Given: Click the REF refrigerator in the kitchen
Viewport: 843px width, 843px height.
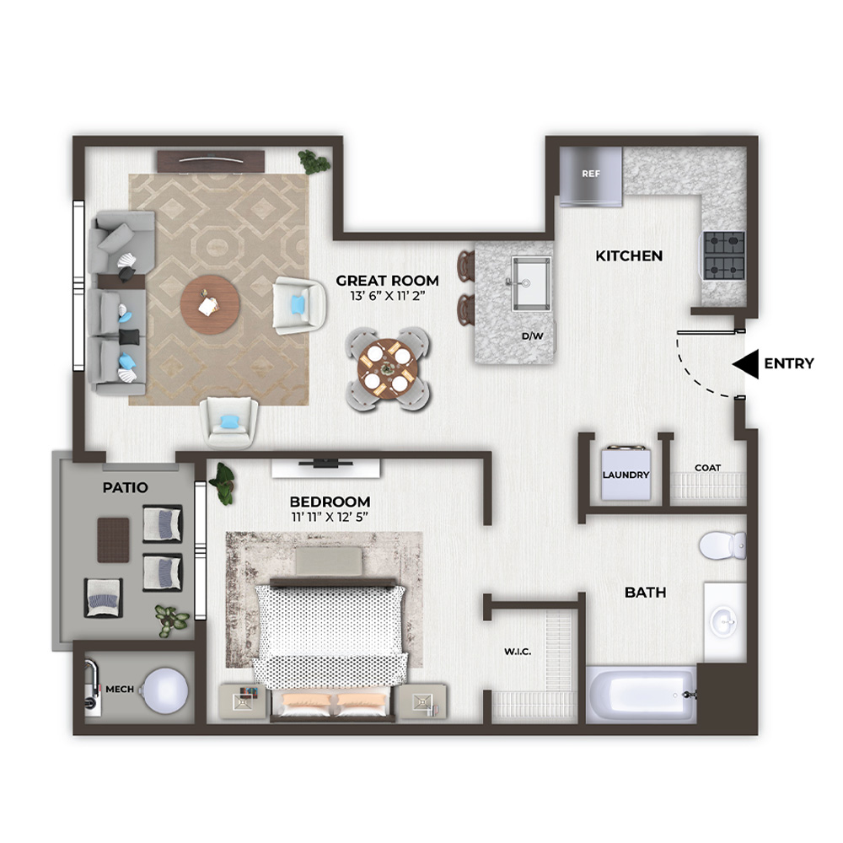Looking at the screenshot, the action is (590, 176).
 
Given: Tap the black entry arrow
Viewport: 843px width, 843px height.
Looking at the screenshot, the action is (745, 364).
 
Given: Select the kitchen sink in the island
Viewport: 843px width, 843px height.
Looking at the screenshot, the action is (530, 283).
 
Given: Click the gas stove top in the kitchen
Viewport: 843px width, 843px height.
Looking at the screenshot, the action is (724, 255).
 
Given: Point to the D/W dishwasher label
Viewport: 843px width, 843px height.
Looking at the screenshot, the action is (532, 336).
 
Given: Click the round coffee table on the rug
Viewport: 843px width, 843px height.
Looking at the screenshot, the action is (210, 305).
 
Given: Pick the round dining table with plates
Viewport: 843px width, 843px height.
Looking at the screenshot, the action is (387, 369).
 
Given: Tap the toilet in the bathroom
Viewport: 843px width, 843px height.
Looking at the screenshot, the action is (722, 545).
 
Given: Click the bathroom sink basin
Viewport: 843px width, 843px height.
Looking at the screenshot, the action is (723, 622).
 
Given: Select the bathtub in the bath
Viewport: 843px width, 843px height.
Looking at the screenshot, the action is (641, 695).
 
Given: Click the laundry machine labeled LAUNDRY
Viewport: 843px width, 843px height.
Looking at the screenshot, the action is (626, 474).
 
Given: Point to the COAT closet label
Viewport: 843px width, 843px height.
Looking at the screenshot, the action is (707, 468).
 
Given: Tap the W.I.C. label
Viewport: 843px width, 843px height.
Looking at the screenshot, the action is (518, 652).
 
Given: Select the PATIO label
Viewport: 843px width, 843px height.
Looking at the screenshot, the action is (126, 487).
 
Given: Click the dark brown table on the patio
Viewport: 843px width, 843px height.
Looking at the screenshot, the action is (113, 540).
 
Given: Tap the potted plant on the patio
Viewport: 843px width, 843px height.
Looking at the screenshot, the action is (171, 620).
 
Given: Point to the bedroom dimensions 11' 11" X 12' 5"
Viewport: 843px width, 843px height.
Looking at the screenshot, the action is (330, 518).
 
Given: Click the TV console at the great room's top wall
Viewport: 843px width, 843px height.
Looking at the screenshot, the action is (211, 161).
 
